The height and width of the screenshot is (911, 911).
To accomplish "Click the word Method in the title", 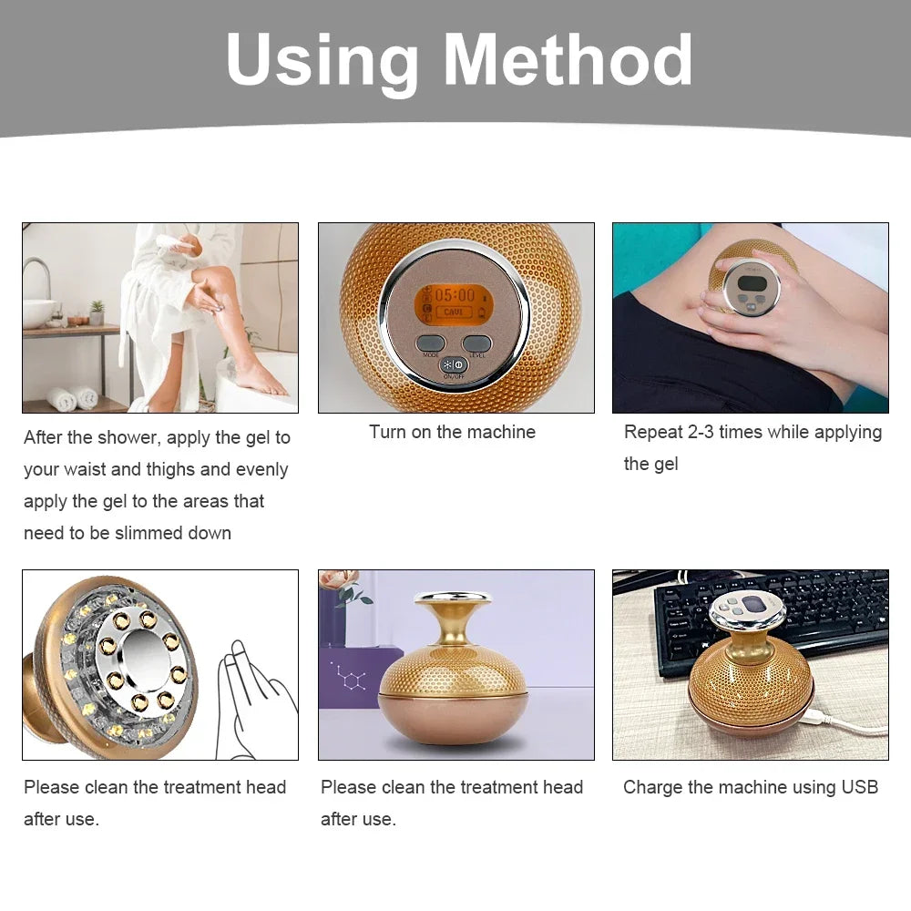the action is [568, 59].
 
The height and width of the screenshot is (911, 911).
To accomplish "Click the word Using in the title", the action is [322, 63].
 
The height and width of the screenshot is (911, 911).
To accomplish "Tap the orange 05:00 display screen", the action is [454, 304].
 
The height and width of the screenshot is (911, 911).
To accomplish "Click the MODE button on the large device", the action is [430, 343].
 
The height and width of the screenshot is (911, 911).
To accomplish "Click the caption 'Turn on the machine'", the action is [452, 432].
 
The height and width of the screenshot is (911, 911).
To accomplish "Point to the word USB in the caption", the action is [859, 787].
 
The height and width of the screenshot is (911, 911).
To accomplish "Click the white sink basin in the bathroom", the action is [38, 313].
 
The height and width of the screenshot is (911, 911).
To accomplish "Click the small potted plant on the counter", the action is [97, 312].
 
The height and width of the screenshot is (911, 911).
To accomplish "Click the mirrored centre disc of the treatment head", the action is [143, 659].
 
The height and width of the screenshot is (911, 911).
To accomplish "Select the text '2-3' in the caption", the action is [701, 432].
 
